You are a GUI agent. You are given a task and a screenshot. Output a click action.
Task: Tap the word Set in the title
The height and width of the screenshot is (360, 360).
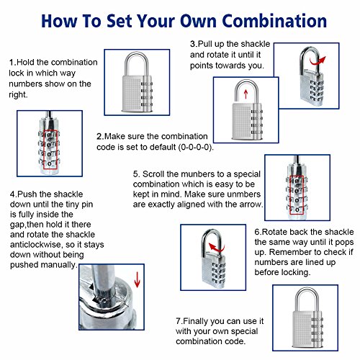click(119, 21)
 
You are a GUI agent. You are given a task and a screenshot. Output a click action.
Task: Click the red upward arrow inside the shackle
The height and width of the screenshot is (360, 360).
click(246, 94)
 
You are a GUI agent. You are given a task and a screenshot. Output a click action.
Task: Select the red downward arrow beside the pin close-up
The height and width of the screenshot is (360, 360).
click(137, 279)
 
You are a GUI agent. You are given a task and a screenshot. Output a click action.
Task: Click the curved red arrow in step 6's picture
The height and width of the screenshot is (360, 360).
click(217, 248)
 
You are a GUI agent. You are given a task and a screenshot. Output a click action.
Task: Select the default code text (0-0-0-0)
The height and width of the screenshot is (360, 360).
click(196, 147)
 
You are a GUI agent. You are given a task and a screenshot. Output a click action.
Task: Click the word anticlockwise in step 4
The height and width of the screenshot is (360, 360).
click(36, 245)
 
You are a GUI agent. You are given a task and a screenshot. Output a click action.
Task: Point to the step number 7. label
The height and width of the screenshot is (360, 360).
click(179, 321)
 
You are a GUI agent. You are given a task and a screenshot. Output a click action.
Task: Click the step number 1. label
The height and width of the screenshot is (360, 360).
click(12, 63)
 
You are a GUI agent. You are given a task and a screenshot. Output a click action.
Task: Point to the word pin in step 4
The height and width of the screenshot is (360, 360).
click(87, 204)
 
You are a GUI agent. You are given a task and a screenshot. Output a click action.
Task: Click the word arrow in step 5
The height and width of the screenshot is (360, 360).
click(251, 204)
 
